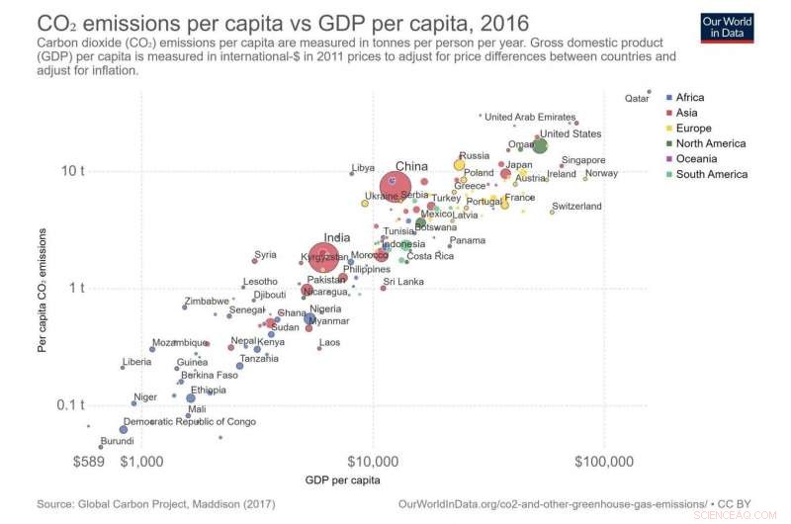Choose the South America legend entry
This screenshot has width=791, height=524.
coord(712,174)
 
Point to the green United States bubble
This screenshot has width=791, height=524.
coord(540,145)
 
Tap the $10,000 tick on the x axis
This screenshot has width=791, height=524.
coord(374,462)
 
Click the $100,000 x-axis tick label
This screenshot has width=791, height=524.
coord(602,462)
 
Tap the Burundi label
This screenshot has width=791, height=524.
coord(118,441)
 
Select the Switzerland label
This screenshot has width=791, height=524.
coord(576,207)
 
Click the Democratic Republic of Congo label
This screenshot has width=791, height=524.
coord(190,422)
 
